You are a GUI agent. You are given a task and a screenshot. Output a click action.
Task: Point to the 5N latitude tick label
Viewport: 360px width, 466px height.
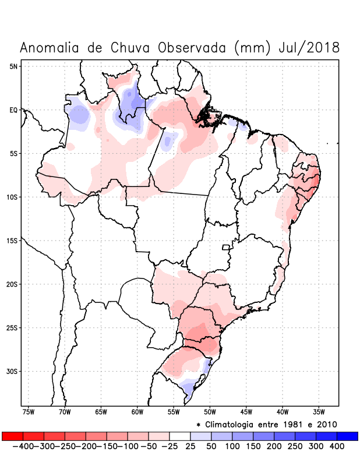tap(14, 66)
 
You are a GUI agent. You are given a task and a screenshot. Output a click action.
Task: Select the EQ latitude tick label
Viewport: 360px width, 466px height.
tap(14, 110)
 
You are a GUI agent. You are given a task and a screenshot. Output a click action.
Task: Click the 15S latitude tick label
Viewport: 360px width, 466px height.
tap(12, 241)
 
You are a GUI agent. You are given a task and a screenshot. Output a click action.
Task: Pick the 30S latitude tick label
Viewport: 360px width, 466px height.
tap(12, 371)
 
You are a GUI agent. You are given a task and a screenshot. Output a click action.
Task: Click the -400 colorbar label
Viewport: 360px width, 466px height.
tap(23, 446)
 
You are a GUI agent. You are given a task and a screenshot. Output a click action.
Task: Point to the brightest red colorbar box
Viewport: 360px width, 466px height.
tap(12, 436)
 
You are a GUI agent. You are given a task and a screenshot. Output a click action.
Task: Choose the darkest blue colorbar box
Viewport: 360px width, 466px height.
tap(347, 436)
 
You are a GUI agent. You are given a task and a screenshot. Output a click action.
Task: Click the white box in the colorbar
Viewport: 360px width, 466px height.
tap(180, 436)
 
